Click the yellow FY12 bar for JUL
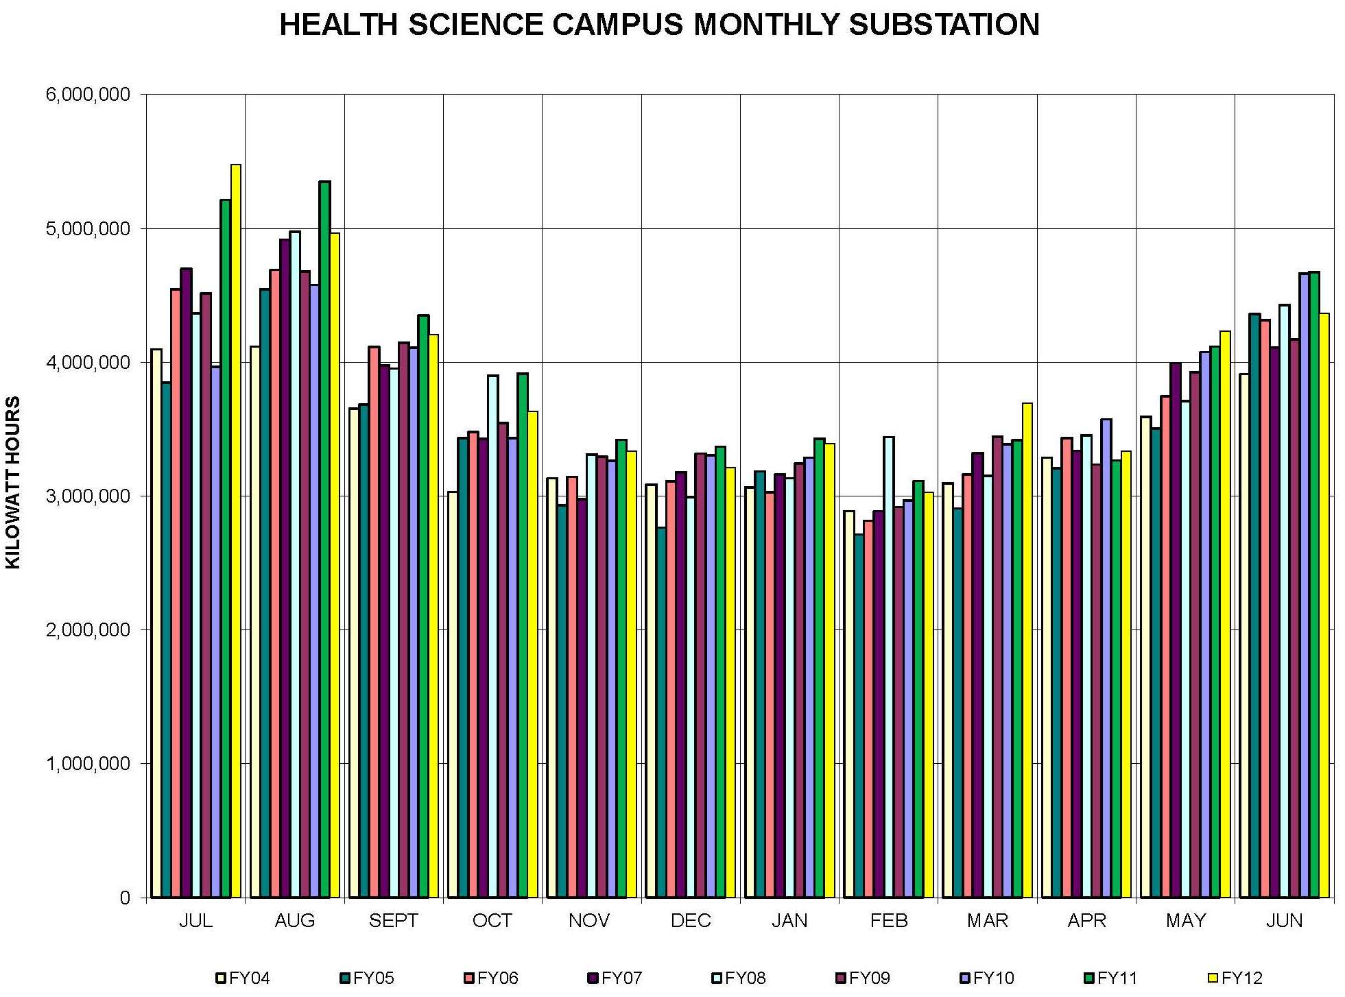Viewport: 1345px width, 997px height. [x=236, y=531]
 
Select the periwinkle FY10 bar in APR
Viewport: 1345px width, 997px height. [x=1106, y=658]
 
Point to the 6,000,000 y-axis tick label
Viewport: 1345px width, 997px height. [x=88, y=95]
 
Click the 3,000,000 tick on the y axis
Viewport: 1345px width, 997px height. [x=88, y=496]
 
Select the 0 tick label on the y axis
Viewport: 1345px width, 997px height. [x=124, y=898]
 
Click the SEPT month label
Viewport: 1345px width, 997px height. [x=393, y=921]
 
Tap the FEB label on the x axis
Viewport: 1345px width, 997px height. [x=888, y=921]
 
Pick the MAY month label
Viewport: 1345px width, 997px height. [x=1185, y=921]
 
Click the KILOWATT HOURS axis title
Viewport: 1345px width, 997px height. [x=14, y=483]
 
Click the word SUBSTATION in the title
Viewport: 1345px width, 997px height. [x=944, y=25]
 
